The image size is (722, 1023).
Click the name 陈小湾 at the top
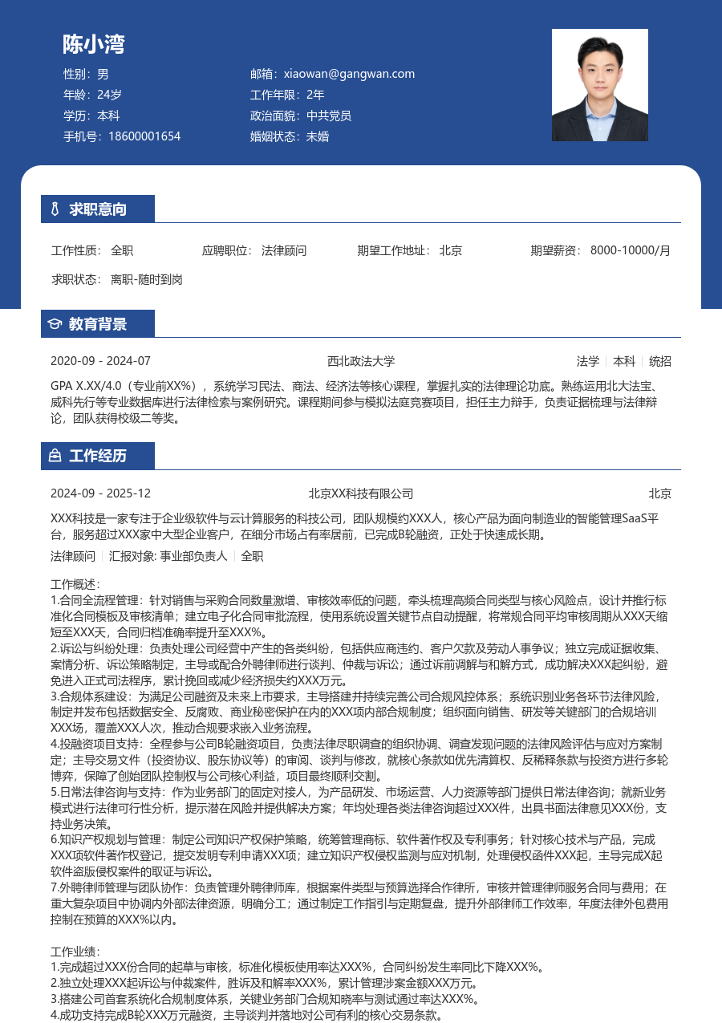click(94, 44)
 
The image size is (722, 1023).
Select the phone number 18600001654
click(144, 136)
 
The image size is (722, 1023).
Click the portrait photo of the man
click(599, 85)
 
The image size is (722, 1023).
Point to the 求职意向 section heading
click(98, 209)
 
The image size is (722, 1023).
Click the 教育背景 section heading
click(98, 324)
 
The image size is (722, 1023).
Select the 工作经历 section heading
click(98, 456)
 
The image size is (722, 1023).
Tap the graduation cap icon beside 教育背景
click(55, 324)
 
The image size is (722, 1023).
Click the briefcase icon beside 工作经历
click(55, 456)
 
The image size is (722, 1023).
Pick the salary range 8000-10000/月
click(630, 250)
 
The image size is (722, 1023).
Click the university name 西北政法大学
click(361, 361)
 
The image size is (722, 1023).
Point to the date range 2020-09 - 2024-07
click(100, 361)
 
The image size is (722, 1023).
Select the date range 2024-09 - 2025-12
click(100, 493)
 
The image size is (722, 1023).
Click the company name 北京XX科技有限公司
click(361, 493)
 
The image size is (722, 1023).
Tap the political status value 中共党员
click(329, 116)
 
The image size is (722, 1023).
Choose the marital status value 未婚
click(318, 136)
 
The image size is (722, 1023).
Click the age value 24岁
click(109, 95)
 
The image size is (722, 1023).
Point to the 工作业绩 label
click(75, 951)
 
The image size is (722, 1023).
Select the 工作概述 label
click(75, 584)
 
